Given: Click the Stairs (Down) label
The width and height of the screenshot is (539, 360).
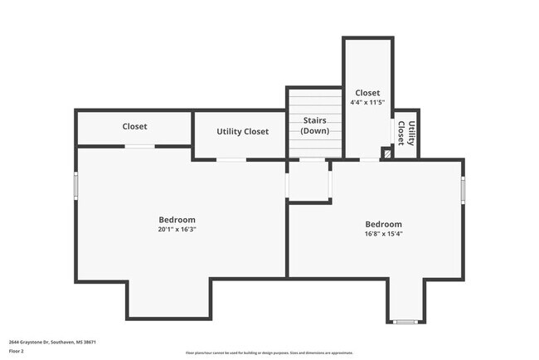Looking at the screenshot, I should click(314, 126).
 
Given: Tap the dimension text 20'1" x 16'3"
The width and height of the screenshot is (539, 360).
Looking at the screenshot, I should click(177, 230).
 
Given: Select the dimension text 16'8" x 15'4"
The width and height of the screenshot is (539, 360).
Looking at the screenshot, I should click(384, 234).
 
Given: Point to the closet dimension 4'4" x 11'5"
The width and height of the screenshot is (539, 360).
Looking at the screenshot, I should click(367, 103).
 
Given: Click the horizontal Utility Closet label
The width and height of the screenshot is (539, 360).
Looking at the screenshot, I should click(242, 132).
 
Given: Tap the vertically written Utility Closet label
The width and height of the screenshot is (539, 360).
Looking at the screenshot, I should click(406, 134).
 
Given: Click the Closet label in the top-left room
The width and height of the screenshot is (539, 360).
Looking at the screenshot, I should click(134, 127).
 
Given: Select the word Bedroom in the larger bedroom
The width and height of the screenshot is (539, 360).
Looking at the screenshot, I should click(177, 220).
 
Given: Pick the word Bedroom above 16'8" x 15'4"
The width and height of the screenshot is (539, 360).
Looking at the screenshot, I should click(384, 224).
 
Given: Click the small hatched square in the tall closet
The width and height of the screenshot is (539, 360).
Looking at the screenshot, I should click(386, 153).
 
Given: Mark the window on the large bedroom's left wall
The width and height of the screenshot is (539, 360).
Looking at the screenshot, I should click(76, 185).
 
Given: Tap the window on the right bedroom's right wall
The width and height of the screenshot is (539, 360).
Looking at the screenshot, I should click(463, 190).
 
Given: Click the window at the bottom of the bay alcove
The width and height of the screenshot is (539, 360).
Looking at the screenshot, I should click(406, 321).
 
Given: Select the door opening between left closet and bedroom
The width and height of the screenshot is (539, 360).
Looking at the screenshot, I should click(140, 147).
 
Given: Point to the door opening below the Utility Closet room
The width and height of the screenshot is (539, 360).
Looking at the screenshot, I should click(231, 159).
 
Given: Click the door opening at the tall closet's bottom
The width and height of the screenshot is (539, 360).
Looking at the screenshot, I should click(369, 159).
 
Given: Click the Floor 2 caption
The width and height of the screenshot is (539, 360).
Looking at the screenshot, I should click(17, 351).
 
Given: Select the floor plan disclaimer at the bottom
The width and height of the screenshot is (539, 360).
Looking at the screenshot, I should click(269, 353).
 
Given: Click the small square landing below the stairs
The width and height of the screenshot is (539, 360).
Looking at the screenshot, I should click(308, 180).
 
